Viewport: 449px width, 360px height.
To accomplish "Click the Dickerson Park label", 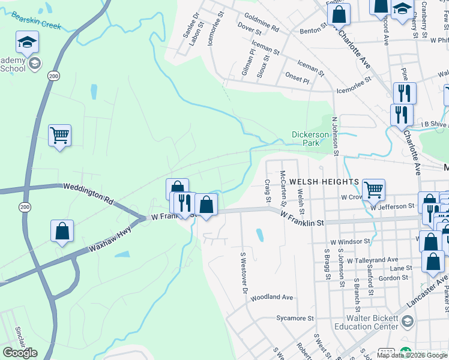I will click(310, 139).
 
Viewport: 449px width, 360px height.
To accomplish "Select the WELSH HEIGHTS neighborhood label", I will click(324, 181).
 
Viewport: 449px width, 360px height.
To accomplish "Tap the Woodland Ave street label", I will click(272, 297).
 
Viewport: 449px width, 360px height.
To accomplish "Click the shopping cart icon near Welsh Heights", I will click(374, 190).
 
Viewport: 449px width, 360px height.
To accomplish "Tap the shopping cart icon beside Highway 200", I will click(59, 136).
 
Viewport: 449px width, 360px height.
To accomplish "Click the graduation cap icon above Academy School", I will click(27, 43).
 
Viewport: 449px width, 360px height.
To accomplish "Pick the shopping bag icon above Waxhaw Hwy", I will click(62, 231).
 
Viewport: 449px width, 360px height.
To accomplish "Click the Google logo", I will click(20, 353).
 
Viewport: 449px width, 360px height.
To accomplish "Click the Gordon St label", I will click(393, 278).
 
